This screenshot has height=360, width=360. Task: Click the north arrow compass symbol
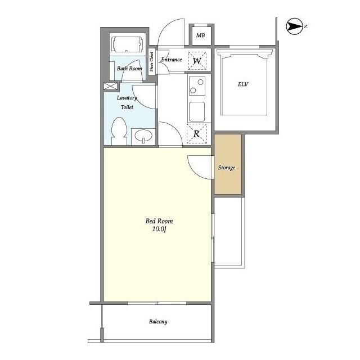tap(294, 26)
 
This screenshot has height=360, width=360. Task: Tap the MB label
tap(200, 35)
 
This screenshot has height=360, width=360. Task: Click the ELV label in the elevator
tap(243, 84)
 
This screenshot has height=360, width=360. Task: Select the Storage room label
tap(227, 168)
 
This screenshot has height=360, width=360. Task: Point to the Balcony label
tap(158, 322)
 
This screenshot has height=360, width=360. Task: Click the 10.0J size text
tap(159, 229)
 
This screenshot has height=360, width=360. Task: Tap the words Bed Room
tap(159, 221)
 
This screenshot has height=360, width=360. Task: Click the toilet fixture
tap(119, 131)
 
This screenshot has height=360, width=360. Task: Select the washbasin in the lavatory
tap(143, 136)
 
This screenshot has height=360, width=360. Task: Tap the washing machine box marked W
tap(197, 61)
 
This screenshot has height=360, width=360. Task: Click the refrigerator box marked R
tap(197, 134)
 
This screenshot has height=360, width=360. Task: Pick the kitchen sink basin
tap(197, 111)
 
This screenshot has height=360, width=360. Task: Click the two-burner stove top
tap(197, 86)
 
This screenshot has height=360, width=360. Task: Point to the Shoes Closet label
tap(151, 61)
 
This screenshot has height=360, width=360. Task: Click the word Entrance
tap(171, 60)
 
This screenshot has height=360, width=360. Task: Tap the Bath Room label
tap(129, 69)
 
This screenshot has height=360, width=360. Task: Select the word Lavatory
tap(127, 98)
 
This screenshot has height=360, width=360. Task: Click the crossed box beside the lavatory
tap(110, 86)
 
